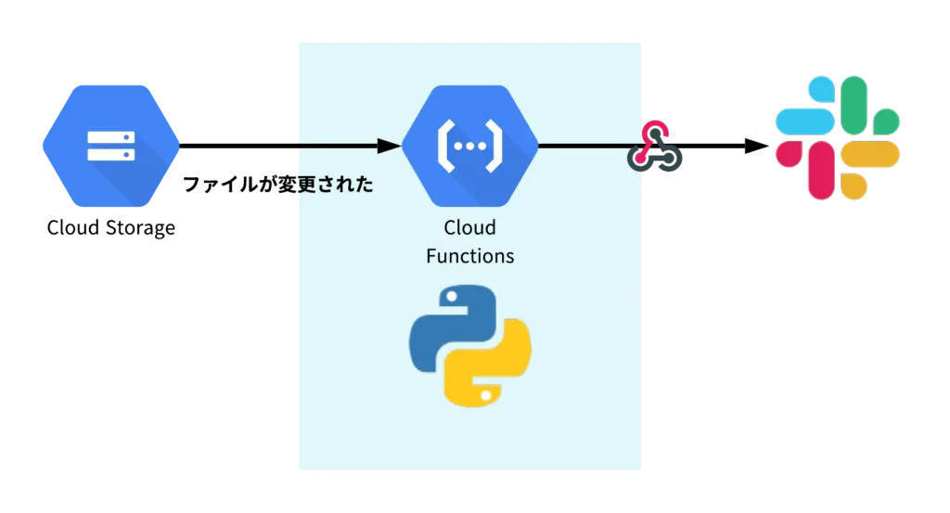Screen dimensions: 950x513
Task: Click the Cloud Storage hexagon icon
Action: [111, 146]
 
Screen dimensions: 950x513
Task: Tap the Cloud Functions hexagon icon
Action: [469, 146]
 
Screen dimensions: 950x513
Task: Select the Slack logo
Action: [838, 137]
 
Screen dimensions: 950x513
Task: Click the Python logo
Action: [470, 346]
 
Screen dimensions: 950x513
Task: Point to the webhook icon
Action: [654, 147]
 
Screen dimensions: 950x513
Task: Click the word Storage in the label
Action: [140, 228]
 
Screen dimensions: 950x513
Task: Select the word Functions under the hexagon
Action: [469, 256]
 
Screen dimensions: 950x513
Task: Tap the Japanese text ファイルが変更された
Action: [278, 184]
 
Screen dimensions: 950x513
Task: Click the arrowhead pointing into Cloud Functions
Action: [389, 146]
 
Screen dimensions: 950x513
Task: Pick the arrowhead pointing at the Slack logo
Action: [757, 146]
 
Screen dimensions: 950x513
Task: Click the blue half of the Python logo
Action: [453, 327]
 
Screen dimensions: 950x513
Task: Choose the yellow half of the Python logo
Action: [488, 364]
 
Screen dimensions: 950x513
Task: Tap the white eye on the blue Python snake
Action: [452, 297]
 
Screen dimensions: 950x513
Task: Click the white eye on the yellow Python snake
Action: [486, 395]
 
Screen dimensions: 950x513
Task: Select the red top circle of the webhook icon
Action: [655, 133]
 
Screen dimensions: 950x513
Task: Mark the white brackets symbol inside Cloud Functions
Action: [469, 146]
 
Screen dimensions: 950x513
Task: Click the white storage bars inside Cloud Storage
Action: [111, 146]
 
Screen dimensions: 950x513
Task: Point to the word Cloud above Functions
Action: [469, 227]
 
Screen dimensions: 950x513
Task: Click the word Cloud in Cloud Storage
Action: [72, 227]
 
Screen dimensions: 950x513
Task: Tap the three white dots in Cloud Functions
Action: [469, 146]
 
